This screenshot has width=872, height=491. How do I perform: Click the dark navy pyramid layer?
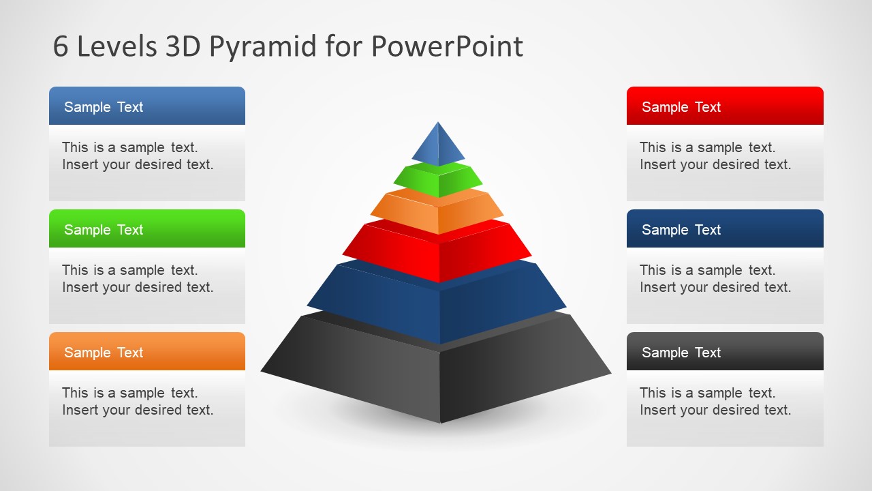pos(437,307)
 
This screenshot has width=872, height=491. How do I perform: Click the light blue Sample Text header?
pos(146,106)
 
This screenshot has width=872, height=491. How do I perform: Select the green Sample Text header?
pos(146,229)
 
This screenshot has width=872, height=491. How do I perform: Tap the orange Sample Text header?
pos(146,352)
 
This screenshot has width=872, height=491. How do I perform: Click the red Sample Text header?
pos(724,106)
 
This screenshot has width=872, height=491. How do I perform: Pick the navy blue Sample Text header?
pos(724,229)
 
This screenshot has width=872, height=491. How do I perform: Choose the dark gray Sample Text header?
pos(724,352)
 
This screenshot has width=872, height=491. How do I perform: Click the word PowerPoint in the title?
pos(447,47)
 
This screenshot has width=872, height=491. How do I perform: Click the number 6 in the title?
pos(61,47)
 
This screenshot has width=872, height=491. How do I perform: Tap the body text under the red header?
pos(715,156)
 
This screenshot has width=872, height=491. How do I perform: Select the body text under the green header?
pos(138,279)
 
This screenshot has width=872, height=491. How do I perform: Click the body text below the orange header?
pos(138,402)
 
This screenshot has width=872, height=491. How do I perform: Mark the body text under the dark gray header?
pos(715,402)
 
